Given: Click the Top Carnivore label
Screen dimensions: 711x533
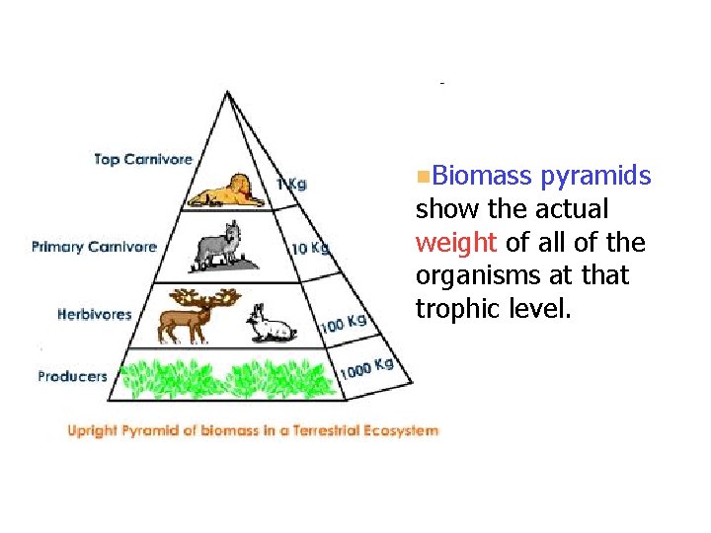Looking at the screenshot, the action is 143,159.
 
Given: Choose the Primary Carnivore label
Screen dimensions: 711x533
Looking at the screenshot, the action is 94,247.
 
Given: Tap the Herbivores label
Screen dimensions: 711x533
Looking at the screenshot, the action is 95,315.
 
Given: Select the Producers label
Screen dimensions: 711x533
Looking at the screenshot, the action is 72,376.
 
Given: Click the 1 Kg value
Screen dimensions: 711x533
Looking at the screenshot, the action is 291,184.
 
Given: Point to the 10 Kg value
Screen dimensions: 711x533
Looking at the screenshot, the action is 310,247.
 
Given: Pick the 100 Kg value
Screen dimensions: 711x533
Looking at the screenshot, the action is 343,322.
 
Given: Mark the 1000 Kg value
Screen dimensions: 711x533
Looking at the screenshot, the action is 366,368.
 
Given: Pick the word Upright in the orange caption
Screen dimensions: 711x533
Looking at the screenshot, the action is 95,430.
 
